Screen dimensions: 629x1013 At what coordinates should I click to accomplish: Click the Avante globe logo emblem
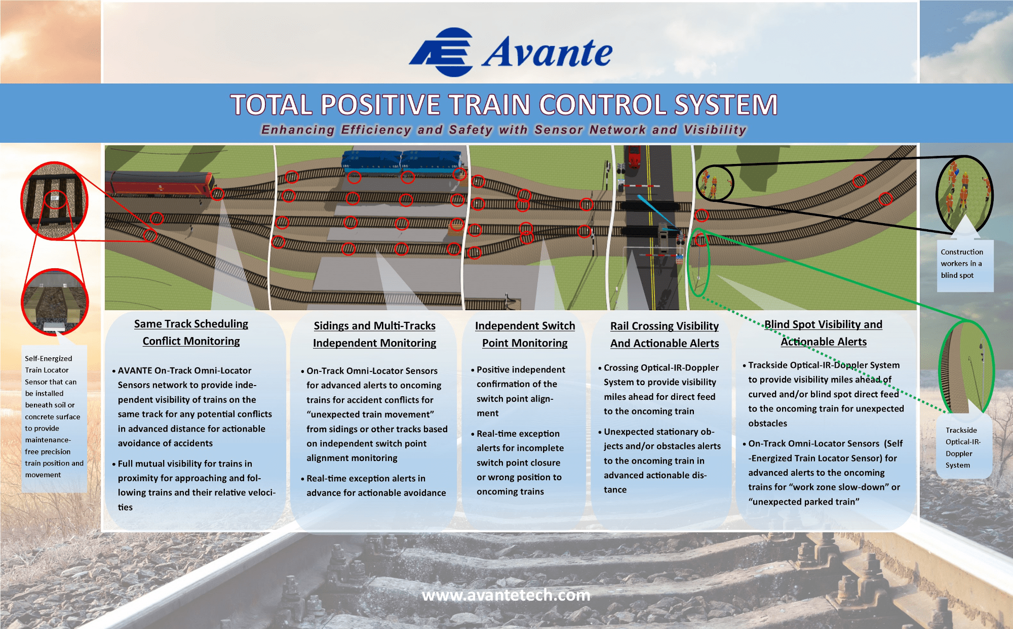442,52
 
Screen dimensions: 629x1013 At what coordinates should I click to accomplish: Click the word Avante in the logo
547,52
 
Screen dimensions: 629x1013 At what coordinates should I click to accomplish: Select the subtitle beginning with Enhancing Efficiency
503,130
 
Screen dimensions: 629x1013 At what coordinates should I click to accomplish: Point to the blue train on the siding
403,161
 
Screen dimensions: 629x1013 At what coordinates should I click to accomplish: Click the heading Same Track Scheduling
191,324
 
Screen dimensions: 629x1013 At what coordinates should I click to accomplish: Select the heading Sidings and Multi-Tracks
374,326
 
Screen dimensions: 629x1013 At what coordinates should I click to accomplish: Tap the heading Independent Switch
525,326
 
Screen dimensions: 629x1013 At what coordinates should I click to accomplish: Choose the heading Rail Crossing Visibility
664,326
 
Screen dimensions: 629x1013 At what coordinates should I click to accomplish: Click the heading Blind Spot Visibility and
823,324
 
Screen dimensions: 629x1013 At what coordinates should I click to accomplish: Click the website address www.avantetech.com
506,595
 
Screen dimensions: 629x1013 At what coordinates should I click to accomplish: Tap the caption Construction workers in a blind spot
961,264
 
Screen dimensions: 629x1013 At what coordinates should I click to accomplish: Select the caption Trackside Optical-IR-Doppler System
962,447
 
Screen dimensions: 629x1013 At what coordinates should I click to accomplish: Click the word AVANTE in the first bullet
135,370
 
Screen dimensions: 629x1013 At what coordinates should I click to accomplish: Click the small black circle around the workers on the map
714,183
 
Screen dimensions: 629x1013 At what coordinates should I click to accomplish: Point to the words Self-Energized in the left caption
49,358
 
